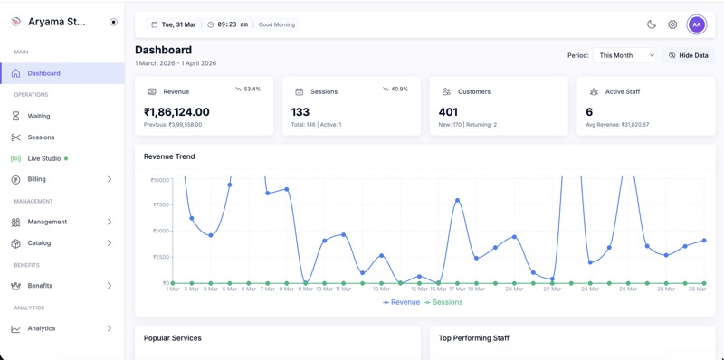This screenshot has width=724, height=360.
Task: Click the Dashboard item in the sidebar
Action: tap(43, 73)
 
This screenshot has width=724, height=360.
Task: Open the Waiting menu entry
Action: tap(39, 116)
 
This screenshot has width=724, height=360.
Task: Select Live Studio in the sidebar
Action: tap(43, 158)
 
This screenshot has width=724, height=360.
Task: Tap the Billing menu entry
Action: tap(36, 179)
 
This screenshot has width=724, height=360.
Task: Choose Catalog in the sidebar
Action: tap(39, 242)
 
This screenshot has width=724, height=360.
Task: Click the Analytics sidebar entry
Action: tap(41, 328)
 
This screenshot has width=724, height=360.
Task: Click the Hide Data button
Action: tap(688, 55)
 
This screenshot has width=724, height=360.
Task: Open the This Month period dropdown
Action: tap(625, 55)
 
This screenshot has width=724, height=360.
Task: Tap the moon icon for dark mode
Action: tap(651, 24)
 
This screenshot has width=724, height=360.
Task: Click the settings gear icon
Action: tap(672, 24)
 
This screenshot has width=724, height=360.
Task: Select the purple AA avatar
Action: tap(696, 24)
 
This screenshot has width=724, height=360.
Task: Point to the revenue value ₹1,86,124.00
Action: tap(176, 112)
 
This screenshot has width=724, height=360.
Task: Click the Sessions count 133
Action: tap(300, 112)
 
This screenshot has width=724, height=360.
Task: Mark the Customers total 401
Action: tap(448, 112)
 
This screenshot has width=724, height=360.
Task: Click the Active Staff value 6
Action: tap(589, 112)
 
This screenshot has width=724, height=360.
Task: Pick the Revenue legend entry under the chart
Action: tap(401, 302)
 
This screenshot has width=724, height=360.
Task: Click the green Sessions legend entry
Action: tap(443, 302)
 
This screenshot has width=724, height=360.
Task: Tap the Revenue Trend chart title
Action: tap(169, 156)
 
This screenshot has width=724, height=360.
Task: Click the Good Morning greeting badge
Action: tap(277, 24)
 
